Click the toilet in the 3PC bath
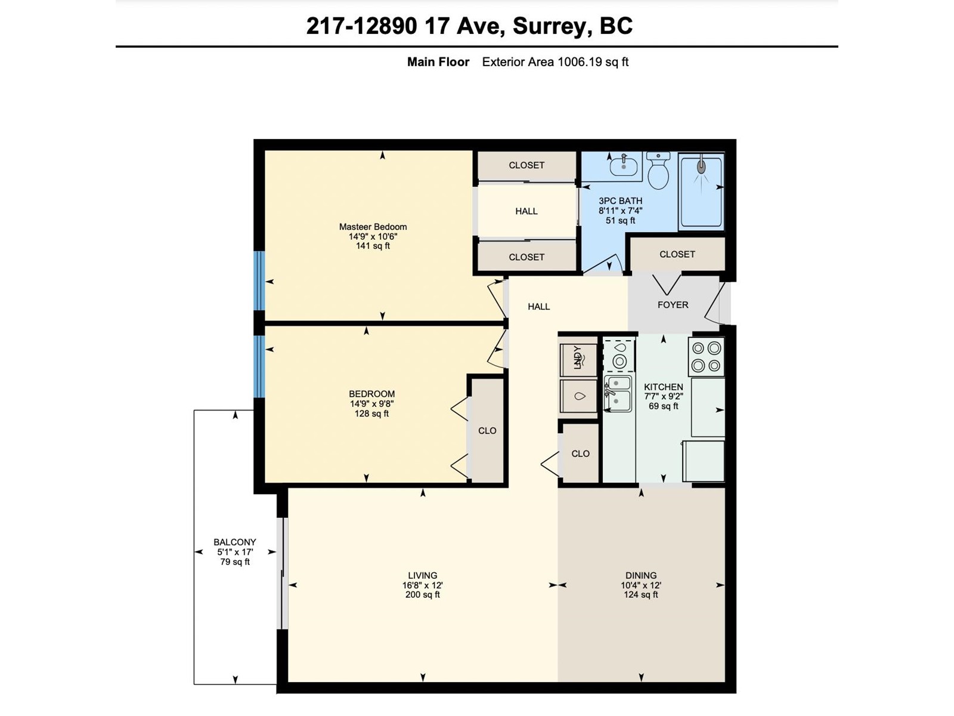[658, 171]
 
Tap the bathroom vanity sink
[624, 166]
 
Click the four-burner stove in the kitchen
[707, 357]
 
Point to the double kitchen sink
[618, 394]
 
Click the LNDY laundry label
[578, 357]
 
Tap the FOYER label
[673, 305]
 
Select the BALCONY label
[235, 542]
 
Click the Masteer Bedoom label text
[373, 227]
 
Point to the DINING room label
[641, 576]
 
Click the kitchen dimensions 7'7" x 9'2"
[664, 396]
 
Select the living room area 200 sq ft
[423, 595]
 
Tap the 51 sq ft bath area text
[620, 221]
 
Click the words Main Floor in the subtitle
[438, 62]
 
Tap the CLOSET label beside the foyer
[677, 254]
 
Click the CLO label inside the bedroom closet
[487, 431]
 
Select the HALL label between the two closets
[526, 211]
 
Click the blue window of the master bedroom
[259, 281]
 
